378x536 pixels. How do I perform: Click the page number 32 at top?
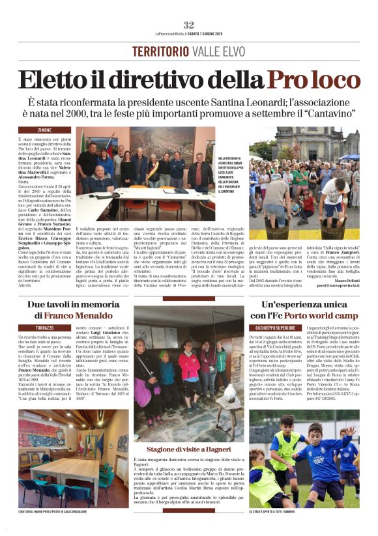coord(189,24)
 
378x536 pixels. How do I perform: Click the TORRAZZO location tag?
coord(45,327)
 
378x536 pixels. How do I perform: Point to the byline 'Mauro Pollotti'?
coord(341,261)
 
